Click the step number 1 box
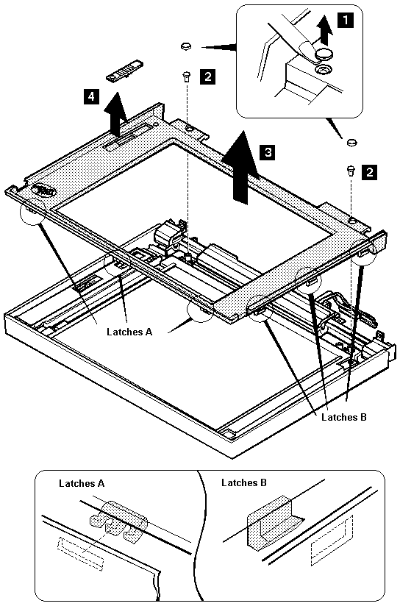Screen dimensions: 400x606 coord(345,20)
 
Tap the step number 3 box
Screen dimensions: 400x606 coord(268,152)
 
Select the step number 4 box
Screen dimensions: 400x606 coord(91,96)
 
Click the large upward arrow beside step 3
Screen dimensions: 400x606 coord(240,167)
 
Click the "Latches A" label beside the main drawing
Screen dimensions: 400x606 coord(129,332)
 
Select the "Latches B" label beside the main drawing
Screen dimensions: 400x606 coord(344,417)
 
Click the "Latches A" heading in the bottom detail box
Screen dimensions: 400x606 coord(82,483)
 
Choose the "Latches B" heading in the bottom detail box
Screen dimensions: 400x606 coord(244,482)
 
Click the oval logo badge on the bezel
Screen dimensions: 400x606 coord(44,190)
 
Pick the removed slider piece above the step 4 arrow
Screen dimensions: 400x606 coord(124,71)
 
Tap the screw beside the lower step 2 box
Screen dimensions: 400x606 coord(351,171)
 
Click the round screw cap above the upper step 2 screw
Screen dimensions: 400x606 coord(186,47)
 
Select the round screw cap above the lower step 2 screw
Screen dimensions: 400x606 coord(351,142)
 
